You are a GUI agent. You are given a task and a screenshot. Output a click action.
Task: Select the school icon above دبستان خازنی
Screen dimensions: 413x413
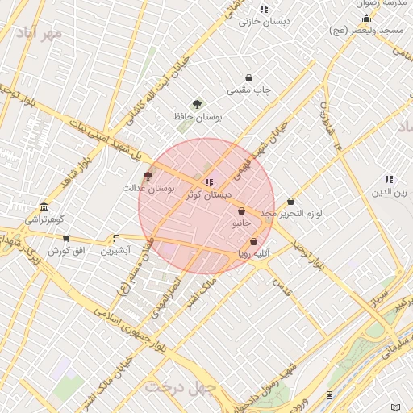[264, 9]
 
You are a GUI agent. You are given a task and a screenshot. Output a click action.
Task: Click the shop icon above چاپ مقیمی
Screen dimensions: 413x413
[249, 78]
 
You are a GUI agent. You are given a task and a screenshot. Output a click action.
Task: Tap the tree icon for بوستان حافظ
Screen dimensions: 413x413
[197, 103]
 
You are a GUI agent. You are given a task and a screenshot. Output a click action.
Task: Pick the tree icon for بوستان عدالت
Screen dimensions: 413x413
[147, 175]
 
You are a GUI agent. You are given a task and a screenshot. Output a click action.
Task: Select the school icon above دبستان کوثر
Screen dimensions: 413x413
[209, 182]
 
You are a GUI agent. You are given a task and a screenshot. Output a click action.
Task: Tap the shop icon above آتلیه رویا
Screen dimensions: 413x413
[253, 241]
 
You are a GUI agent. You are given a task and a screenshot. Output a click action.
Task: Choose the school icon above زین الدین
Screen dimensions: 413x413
[389, 179]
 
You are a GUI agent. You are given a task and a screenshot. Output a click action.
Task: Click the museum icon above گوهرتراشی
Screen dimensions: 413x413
[43, 206]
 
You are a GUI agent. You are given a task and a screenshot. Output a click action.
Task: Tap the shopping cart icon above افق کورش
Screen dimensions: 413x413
[66, 238]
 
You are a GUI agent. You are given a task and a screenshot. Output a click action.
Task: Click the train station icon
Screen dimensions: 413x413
[329, 394]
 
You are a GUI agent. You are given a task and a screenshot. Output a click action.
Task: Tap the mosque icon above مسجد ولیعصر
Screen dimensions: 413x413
[367, 17]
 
